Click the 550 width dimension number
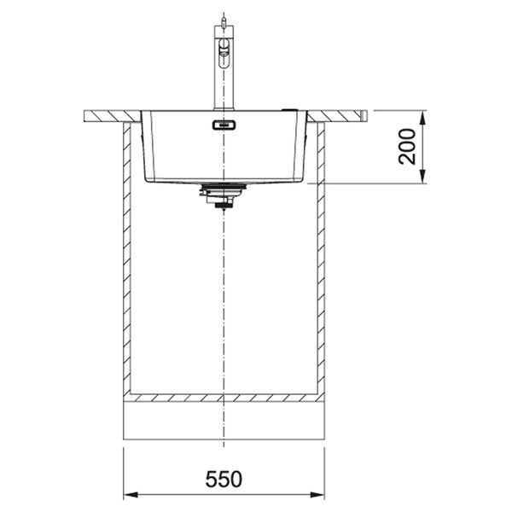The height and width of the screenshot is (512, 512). (x=224, y=480)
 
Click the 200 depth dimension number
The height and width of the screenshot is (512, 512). (x=407, y=147)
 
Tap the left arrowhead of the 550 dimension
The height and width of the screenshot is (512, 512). (x=131, y=495)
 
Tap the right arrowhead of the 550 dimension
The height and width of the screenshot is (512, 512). (x=317, y=495)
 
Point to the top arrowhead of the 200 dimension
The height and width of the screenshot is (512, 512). (x=422, y=118)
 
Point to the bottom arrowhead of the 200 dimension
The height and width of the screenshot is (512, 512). (x=422, y=177)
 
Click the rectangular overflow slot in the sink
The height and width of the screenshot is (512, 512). (x=224, y=125)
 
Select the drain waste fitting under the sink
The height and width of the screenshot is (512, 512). (x=223, y=195)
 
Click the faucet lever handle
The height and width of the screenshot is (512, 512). (x=224, y=52)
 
